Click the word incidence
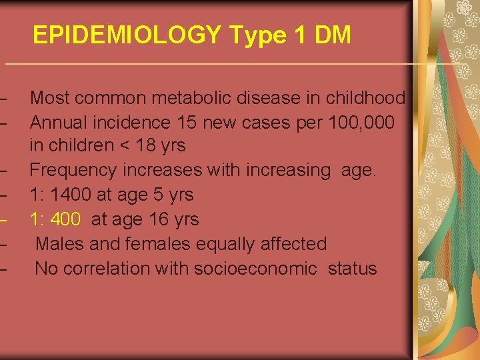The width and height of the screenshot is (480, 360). click(127, 123)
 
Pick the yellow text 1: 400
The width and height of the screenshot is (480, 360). click(56, 219)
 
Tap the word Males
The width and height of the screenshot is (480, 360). click(59, 244)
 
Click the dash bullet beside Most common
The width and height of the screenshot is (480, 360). click(5, 99)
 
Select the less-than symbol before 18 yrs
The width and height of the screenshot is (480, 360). click(122, 146)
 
